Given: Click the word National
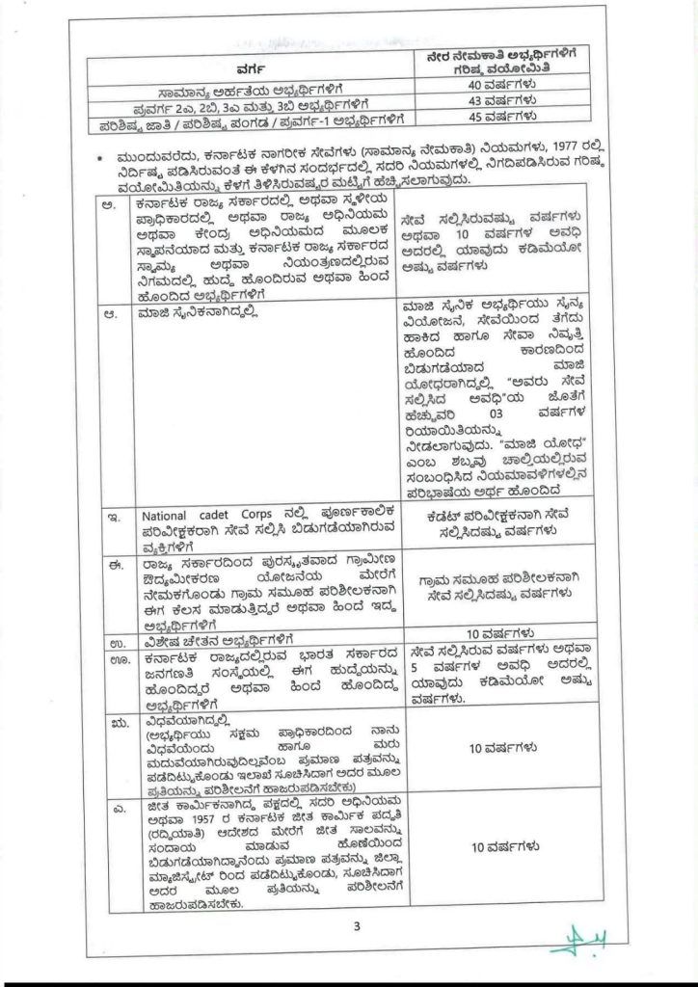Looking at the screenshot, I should point(175,516).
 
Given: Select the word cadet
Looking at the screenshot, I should point(219,516).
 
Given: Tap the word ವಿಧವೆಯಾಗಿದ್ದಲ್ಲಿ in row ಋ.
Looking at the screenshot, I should point(183,719).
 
